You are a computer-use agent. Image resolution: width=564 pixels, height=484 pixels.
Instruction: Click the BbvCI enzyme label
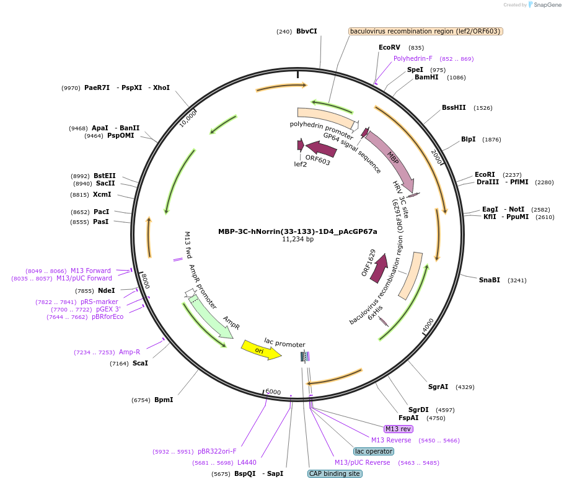tap(306, 31)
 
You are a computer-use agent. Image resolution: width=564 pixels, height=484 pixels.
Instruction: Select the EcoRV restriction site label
tap(389, 47)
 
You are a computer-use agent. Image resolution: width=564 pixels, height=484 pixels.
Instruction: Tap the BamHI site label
tap(426, 78)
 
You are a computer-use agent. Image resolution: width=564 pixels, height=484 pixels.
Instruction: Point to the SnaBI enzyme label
tap(489, 280)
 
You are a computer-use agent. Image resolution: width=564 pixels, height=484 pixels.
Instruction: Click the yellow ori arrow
tap(261, 349)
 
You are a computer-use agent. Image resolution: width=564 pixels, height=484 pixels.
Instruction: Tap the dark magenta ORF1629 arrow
tap(378, 268)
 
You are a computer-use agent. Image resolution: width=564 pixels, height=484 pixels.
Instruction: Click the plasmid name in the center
tap(297, 231)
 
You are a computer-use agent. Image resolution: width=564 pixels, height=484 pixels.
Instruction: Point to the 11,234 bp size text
tap(297, 240)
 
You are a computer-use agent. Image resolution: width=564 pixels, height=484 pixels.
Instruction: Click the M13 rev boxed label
tap(398, 429)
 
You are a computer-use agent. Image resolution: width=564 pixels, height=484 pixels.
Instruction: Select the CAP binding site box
tap(334, 473)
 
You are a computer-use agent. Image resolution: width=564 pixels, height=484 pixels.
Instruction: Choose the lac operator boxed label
tap(373, 451)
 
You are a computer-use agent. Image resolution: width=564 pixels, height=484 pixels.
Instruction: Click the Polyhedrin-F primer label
tap(413, 58)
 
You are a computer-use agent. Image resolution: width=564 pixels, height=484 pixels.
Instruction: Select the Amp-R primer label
tap(130, 352)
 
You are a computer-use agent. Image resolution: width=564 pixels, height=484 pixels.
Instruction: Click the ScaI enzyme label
tap(140, 363)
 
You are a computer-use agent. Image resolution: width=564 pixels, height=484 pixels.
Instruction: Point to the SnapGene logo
tap(545, 5)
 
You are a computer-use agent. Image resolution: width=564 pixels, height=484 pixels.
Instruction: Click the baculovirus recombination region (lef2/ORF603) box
tap(425, 31)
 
